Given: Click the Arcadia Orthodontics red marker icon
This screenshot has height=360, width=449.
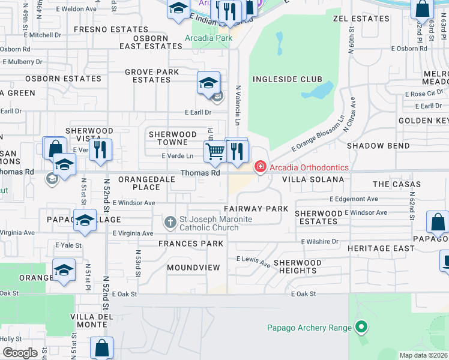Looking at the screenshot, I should (260, 166).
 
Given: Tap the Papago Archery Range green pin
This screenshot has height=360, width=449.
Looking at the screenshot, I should (361, 328).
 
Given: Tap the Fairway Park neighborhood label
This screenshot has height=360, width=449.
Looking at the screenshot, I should (256, 209).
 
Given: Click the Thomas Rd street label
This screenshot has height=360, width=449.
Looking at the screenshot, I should (200, 173).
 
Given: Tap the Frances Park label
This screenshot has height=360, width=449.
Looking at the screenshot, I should (191, 244).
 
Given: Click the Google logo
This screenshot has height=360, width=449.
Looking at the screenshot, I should (20, 353).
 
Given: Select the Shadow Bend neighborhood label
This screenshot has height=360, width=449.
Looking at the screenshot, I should (370, 146).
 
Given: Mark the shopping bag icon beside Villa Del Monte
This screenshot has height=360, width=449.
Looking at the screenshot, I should (102, 347).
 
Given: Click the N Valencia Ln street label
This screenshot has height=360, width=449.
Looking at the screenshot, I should (238, 106).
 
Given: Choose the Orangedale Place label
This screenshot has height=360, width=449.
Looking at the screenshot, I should (147, 183).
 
